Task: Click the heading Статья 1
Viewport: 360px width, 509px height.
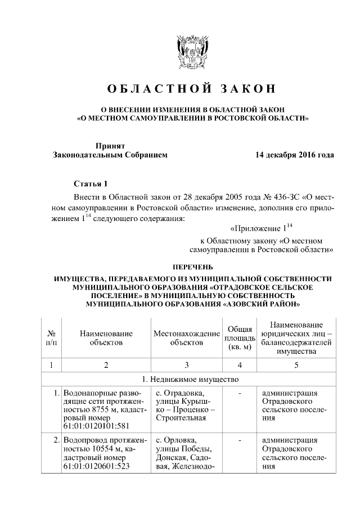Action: point(90,184)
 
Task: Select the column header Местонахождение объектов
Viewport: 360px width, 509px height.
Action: point(186,337)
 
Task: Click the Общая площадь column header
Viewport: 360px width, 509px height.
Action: point(240,338)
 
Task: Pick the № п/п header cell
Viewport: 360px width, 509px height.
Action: point(51,337)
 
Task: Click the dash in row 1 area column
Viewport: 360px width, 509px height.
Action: point(240,393)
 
